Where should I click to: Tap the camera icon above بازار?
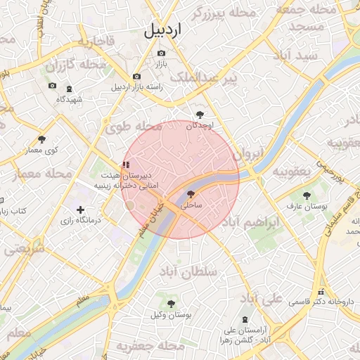click(162, 53)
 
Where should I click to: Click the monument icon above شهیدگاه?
click(68, 89)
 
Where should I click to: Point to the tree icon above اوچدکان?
click(200, 115)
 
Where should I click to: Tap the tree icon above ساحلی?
click(193, 194)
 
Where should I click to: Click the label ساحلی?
click(191, 206)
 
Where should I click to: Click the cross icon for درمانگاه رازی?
click(81, 210)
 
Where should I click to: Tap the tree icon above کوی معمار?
click(42, 139)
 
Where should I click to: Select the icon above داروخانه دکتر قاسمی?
click(322, 291)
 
